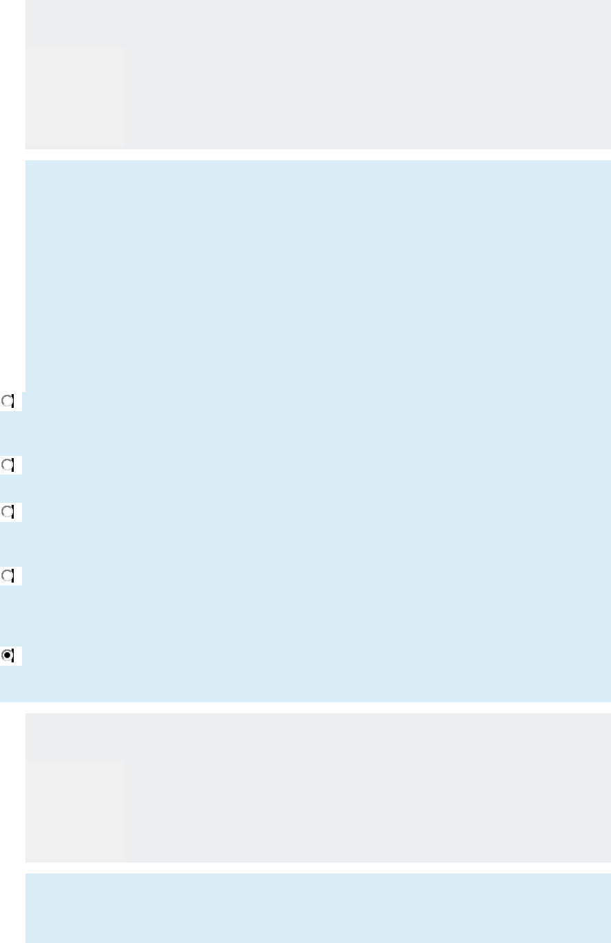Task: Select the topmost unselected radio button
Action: coord(8,401)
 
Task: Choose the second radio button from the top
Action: coord(8,465)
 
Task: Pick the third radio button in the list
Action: coord(8,512)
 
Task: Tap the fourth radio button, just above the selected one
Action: coord(8,576)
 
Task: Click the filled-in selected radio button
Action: coord(8,655)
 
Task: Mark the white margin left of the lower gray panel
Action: coord(12,788)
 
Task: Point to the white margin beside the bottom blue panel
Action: coord(12,908)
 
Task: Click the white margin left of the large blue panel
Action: coord(12,275)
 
